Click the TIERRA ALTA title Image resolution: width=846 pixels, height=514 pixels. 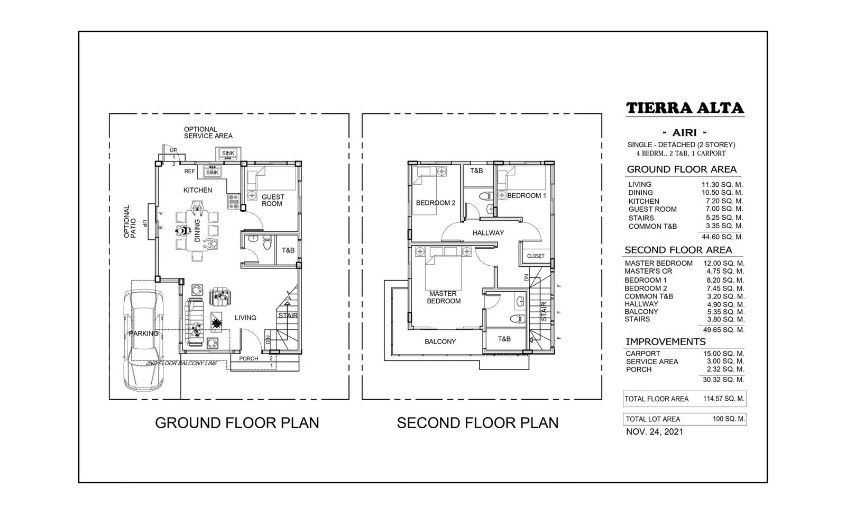pyautogui.click(x=685, y=108)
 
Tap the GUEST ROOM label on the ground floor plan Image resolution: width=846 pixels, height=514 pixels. pyautogui.click(x=273, y=200)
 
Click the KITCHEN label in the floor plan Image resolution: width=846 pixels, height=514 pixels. pyautogui.click(x=198, y=190)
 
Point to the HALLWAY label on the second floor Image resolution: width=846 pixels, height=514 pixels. pyautogui.click(x=489, y=233)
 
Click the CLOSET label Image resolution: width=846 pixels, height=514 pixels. pyautogui.click(x=536, y=256)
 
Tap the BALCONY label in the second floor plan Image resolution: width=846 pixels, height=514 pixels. pyautogui.click(x=440, y=341)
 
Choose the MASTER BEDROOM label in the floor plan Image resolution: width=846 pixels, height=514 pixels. pyautogui.click(x=444, y=297)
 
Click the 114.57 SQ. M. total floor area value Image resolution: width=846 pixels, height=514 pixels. pyautogui.click(x=723, y=399)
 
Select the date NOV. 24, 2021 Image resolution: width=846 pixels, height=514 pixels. pyautogui.click(x=655, y=432)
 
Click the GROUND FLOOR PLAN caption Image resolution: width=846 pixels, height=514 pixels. pyautogui.click(x=237, y=423)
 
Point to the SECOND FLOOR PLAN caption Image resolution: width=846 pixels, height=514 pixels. pyautogui.click(x=477, y=423)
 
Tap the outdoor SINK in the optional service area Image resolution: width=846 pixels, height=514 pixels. pyautogui.click(x=228, y=153)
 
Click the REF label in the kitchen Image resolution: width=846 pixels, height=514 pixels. pyautogui.click(x=190, y=172)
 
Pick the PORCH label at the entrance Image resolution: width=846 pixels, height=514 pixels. pyautogui.click(x=249, y=358)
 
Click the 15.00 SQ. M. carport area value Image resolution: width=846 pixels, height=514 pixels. pyautogui.click(x=723, y=354)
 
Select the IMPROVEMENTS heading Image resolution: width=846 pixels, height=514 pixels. pyautogui.click(x=666, y=342)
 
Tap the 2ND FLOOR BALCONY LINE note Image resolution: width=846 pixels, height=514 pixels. pyautogui.click(x=182, y=364)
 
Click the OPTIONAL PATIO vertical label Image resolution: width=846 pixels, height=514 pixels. pyautogui.click(x=130, y=222)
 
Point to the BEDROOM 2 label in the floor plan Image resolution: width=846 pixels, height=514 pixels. pyautogui.click(x=436, y=203)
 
